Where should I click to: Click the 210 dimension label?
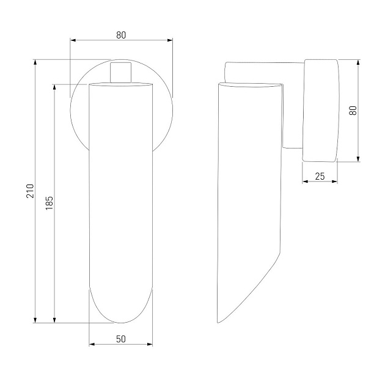[x=30, y=191]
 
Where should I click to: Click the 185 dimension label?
[x=49, y=203]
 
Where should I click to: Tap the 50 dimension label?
[x=121, y=339]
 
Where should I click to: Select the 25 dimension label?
[x=320, y=176]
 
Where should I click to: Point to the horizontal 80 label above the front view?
[x=121, y=35]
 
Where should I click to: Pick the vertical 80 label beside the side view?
[x=353, y=111]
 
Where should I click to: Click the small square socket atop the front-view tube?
[x=120, y=73]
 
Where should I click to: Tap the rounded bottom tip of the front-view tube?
[x=120, y=323]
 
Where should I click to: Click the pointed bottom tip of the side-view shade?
[x=218, y=323]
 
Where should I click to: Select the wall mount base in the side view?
[x=321, y=111]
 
